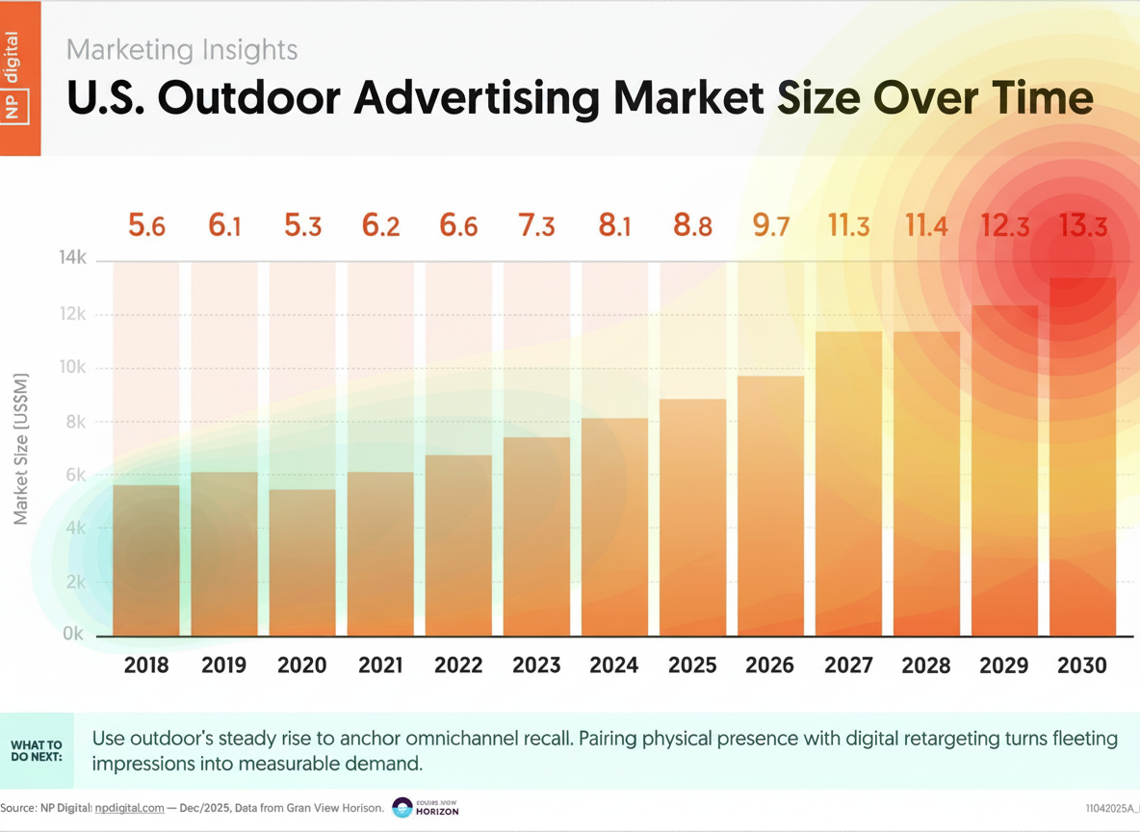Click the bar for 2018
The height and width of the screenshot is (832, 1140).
pyautogui.click(x=146, y=560)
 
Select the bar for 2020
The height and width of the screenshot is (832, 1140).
pyautogui.click(x=302, y=563)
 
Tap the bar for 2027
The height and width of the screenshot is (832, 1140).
pyautogui.click(x=848, y=483)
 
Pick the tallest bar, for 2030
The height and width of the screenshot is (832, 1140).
pyautogui.click(x=1082, y=456)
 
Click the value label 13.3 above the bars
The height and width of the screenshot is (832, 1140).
pyautogui.click(x=1082, y=226)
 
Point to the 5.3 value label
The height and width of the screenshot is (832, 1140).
pyautogui.click(x=302, y=226)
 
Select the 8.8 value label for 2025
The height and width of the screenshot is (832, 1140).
pyautogui.click(x=692, y=226)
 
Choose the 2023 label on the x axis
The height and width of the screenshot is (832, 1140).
pyautogui.click(x=535, y=665)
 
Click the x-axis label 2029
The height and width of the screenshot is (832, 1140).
pyautogui.click(x=1004, y=665)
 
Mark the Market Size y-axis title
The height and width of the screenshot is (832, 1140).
pyautogui.click(x=21, y=449)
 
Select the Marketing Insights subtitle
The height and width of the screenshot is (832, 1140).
pyautogui.click(x=182, y=49)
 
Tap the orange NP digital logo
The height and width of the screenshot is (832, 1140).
pyautogui.click(x=20, y=77)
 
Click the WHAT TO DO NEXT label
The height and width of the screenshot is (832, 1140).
pyautogui.click(x=37, y=751)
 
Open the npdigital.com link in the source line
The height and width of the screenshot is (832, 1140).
pyautogui.click(x=130, y=808)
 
